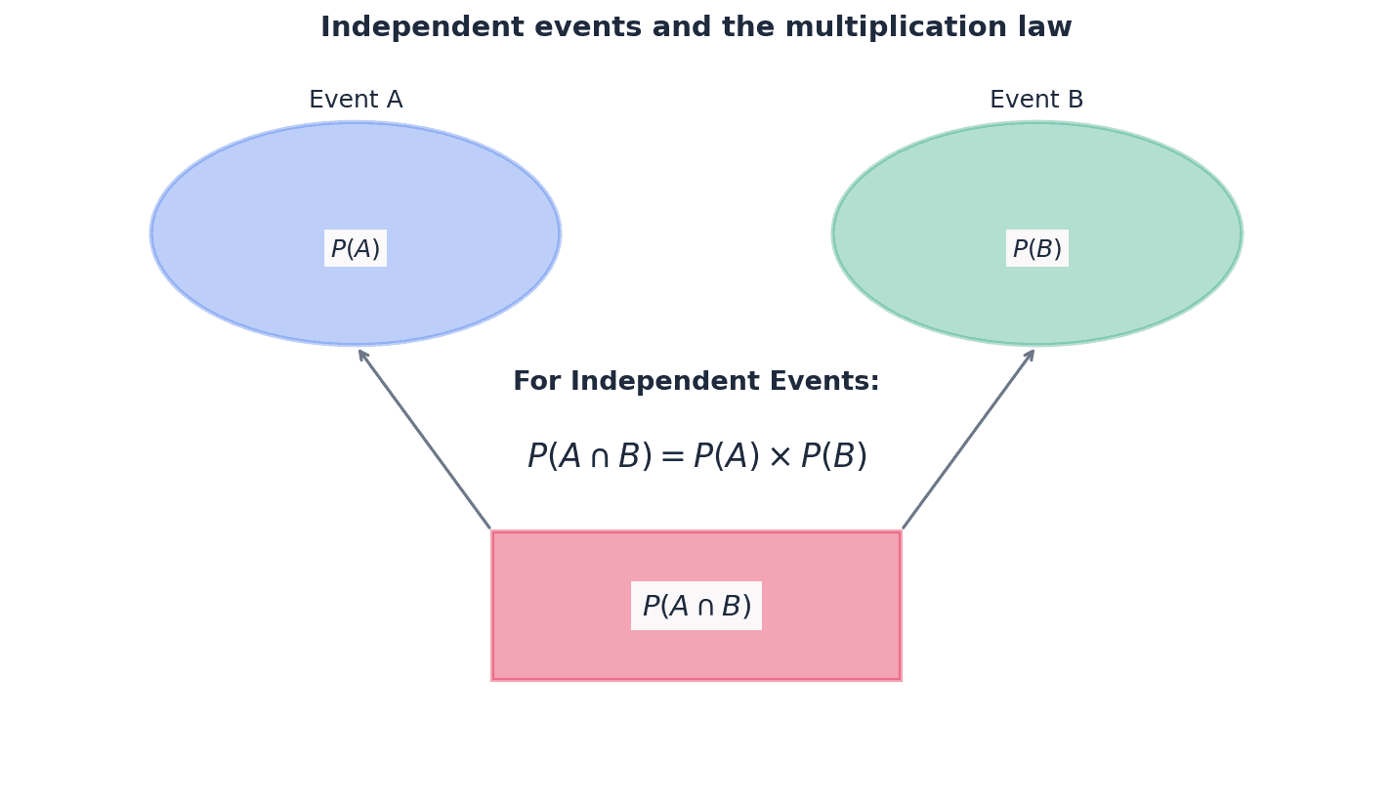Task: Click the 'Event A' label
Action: pos(356,101)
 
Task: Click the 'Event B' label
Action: pos(1036,101)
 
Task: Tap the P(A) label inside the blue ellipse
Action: pos(356,249)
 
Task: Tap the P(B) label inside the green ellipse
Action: pos(1036,249)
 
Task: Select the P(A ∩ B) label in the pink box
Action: pos(696,607)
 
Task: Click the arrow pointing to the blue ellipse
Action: pos(425,439)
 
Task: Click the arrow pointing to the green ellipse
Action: pos(968,439)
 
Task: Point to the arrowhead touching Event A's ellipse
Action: pos(361,354)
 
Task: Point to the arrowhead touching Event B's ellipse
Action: pos(1031,354)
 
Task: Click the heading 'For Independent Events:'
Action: pos(696,382)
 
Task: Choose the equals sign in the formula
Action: pos(672,457)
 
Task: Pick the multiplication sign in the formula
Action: pos(780,457)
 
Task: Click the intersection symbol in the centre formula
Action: pos(596,457)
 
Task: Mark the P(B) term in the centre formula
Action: pos(833,457)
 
